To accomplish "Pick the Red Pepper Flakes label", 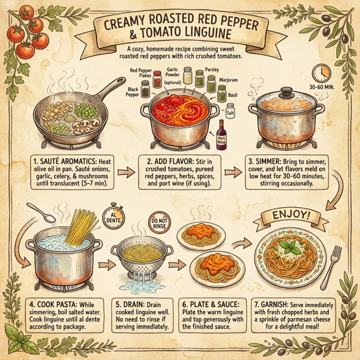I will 142,73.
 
